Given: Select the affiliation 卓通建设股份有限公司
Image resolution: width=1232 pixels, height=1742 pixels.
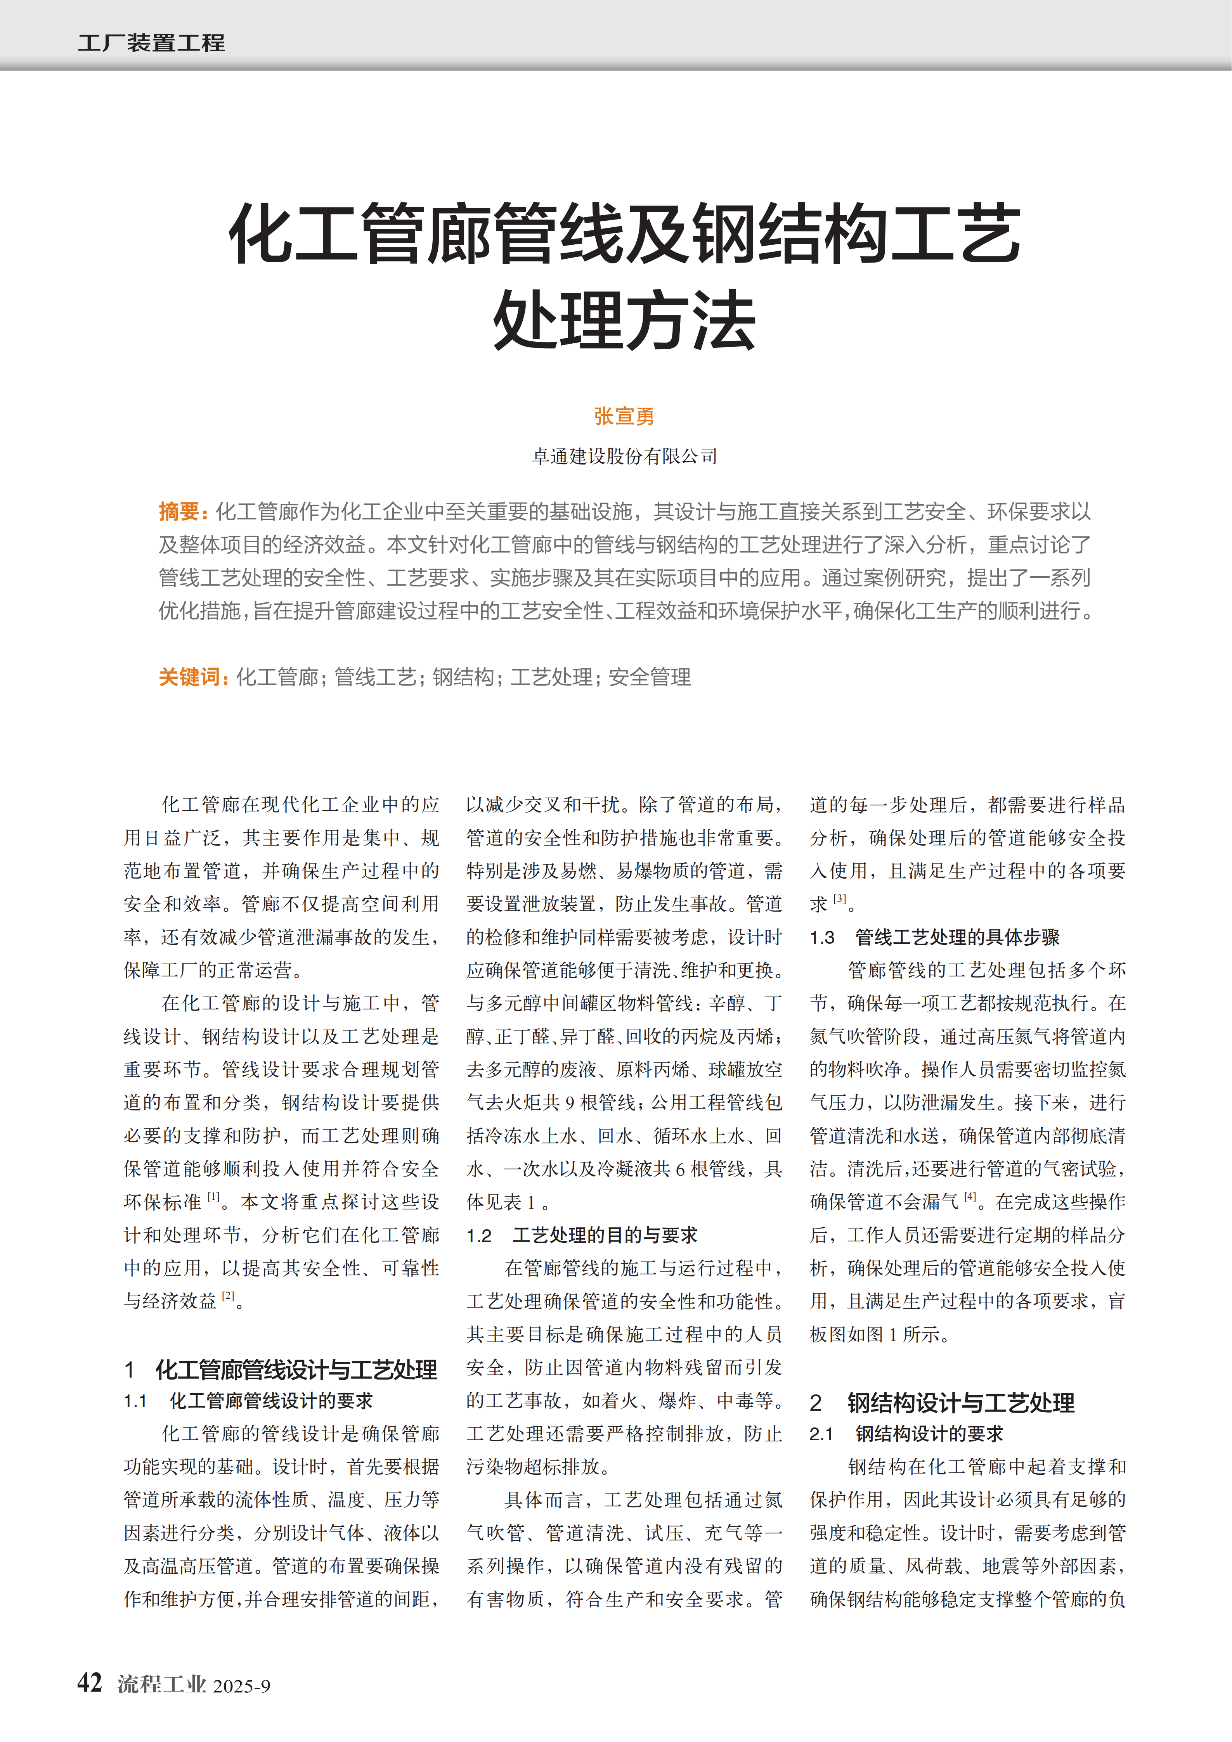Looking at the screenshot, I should click(x=624, y=456).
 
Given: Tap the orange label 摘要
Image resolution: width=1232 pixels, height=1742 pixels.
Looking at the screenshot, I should click(x=179, y=512).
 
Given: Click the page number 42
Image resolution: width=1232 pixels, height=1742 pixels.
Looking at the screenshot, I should click(x=90, y=1683).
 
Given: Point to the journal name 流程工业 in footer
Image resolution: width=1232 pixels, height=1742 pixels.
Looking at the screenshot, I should click(x=161, y=1684).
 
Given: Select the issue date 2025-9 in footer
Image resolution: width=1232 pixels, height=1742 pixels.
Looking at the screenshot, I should click(x=241, y=1686).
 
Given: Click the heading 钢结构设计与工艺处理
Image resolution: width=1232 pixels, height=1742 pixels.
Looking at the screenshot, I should click(x=960, y=1403).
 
